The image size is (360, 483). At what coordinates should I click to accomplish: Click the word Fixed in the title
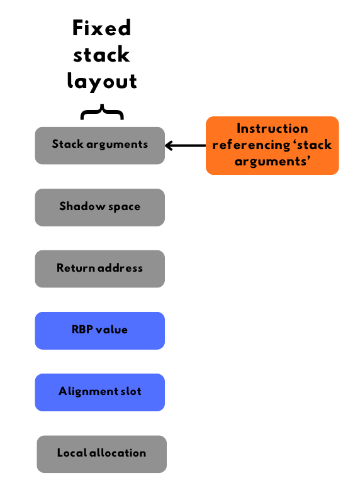[102, 28]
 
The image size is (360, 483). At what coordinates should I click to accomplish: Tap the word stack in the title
[101, 55]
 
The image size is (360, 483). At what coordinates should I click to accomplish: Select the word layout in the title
[102, 82]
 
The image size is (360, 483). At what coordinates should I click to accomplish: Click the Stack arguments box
[100, 145]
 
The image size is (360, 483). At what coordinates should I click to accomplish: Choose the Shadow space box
[100, 208]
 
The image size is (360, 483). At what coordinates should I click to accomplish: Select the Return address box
[100, 269]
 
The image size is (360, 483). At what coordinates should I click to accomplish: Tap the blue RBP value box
[100, 331]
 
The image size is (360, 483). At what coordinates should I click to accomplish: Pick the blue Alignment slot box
[100, 392]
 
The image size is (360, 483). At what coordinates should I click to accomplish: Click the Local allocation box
[102, 454]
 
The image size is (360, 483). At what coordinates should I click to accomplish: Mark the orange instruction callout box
[273, 145]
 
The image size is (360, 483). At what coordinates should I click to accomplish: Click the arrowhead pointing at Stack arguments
[169, 145]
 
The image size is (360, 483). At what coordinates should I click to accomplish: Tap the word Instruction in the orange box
[273, 128]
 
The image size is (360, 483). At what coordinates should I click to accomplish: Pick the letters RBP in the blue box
[82, 330]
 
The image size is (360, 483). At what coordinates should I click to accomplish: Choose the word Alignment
[89, 391]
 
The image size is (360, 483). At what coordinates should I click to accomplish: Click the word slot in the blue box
[131, 391]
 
